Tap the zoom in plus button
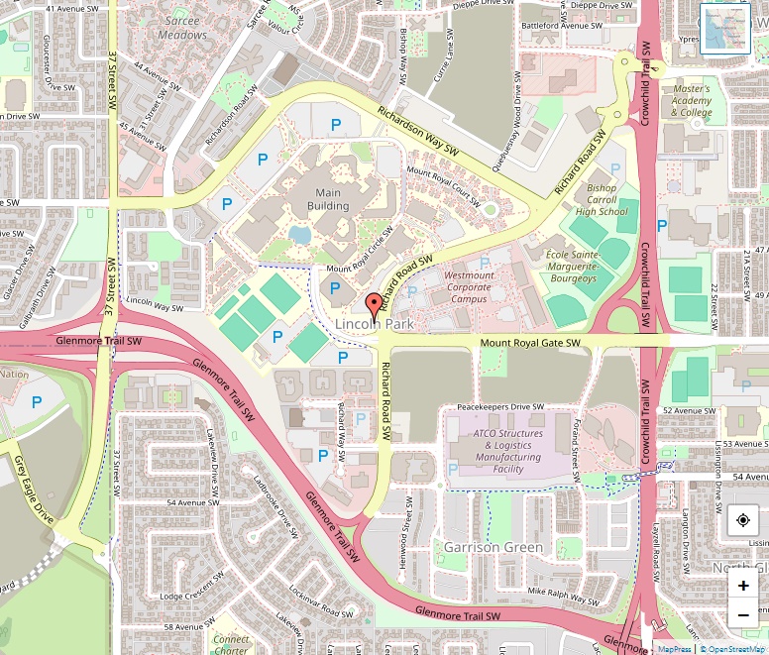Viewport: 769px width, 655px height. tap(743, 586)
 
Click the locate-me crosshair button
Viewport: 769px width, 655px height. tap(743, 520)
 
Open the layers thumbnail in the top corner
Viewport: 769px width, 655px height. tap(725, 29)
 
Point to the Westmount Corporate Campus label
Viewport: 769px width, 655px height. tap(468, 286)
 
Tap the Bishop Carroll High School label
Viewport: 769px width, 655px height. tap(602, 199)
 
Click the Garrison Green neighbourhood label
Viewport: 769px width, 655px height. tap(493, 548)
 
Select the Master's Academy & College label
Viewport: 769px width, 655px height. tap(692, 100)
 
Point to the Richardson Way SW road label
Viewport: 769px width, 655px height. tap(419, 131)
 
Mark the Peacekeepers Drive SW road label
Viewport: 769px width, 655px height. tap(500, 407)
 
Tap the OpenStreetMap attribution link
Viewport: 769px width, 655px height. tap(733, 649)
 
